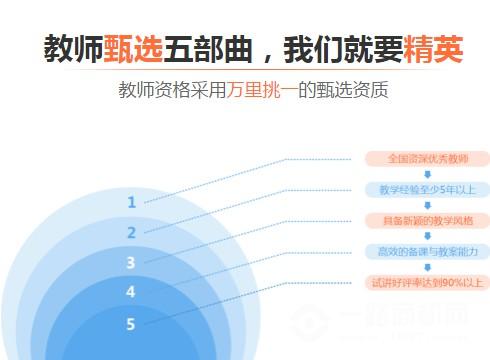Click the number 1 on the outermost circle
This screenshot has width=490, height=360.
[x=131, y=202]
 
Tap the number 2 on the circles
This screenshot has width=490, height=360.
[x=131, y=233]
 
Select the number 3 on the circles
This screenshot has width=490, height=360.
[x=131, y=263]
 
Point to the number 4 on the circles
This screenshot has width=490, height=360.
[x=131, y=293]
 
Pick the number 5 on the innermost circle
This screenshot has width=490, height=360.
[x=131, y=324]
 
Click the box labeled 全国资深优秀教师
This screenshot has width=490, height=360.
[x=426, y=158]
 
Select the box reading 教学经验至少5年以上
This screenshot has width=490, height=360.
[x=426, y=189]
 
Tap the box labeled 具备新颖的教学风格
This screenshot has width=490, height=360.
[x=426, y=220]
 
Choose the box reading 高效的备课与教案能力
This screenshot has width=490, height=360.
[x=426, y=251]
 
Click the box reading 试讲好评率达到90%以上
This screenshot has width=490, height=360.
[x=426, y=283]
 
